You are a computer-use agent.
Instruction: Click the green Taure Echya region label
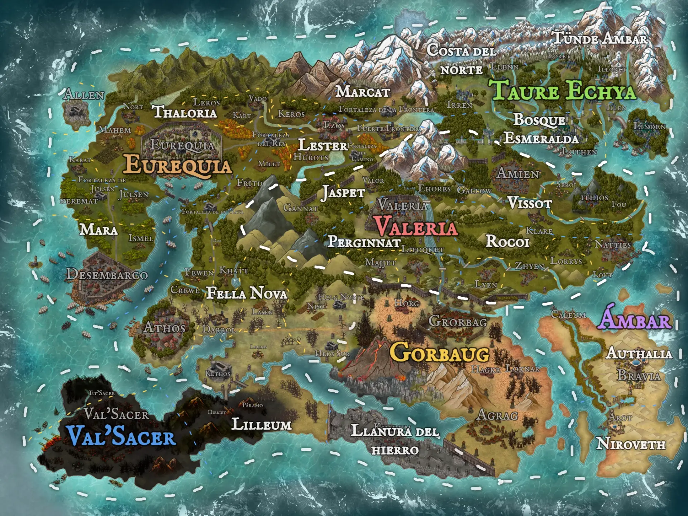click(x=564, y=90)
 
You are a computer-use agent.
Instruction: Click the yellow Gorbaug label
click(x=439, y=353)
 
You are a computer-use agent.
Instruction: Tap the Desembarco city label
click(x=107, y=275)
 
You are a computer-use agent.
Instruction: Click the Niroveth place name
click(x=631, y=444)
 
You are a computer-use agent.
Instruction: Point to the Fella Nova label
click(x=247, y=293)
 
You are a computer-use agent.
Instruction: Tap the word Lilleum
click(x=262, y=425)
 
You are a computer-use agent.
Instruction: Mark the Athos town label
click(x=164, y=328)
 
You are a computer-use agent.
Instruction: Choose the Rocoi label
click(x=507, y=242)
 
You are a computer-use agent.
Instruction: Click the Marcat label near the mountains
click(x=363, y=92)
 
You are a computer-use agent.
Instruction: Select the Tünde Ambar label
click(x=600, y=38)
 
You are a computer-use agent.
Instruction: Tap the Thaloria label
click(x=185, y=113)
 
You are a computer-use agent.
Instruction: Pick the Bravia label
click(x=639, y=376)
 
